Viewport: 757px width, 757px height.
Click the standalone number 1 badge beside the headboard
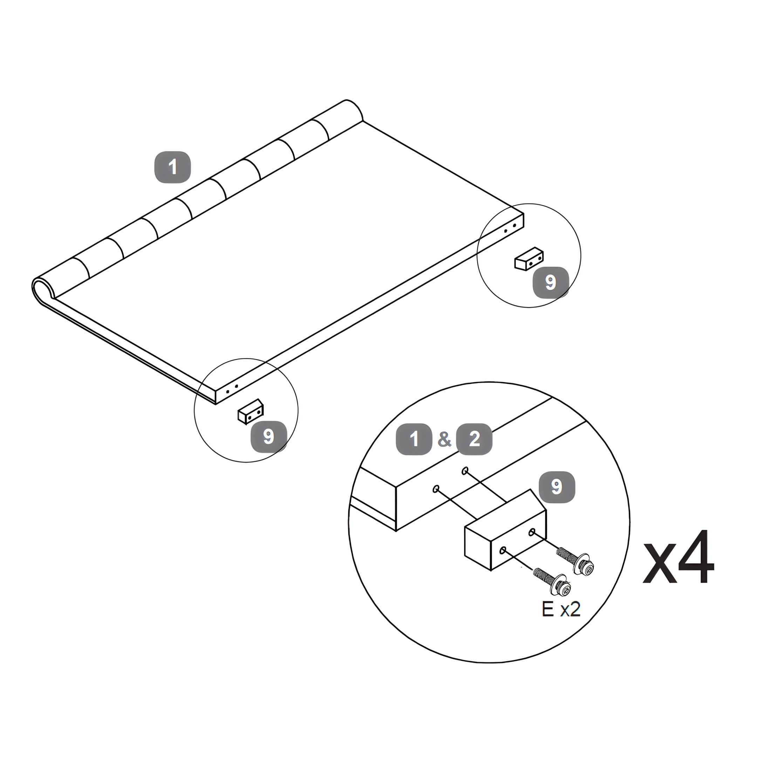(x=172, y=167)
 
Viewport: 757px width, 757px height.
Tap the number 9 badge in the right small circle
(x=551, y=282)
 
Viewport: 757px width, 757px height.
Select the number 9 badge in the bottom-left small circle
(x=269, y=436)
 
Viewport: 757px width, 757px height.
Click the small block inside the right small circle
(x=528, y=259)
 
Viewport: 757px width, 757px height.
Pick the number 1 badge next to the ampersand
(x=414, y=439)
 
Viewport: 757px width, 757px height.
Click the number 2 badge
(x=475, y=439)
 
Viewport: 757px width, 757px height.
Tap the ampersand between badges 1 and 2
(x=444, y=439)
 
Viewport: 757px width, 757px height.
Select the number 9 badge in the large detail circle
(x=557, y=487)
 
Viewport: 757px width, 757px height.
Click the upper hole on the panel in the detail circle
(x=465, y=471)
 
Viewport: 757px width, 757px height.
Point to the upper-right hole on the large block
(x=532, y=532)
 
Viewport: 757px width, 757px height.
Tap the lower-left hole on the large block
(x=503, y=550)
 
